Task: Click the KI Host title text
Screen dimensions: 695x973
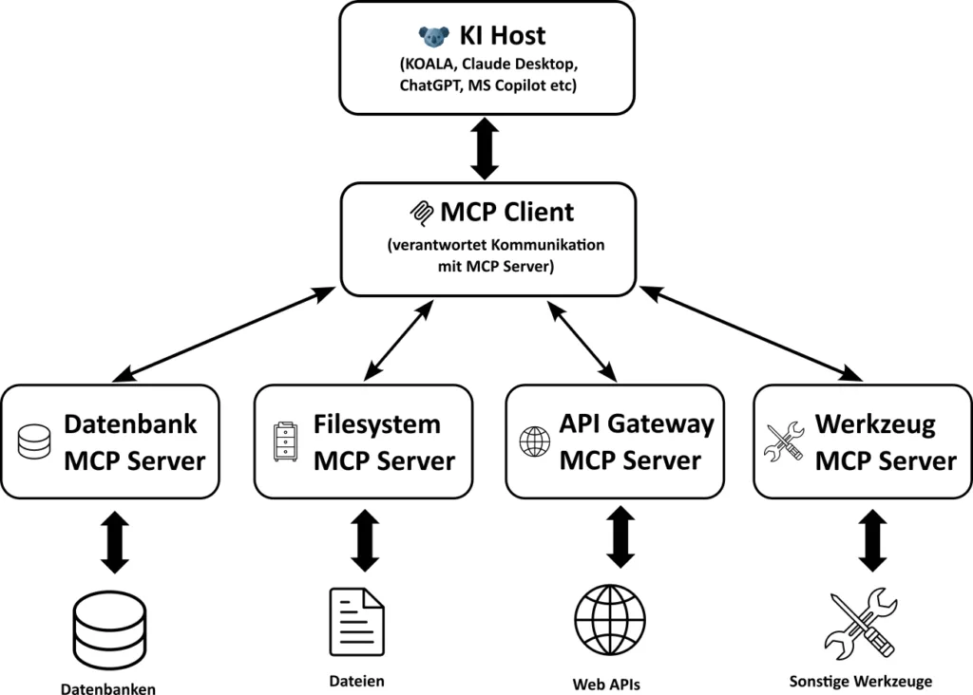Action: pos(503,37)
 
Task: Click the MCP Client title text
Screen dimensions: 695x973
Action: pos(507,211)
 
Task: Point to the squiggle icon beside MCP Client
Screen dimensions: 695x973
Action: pos(419,211)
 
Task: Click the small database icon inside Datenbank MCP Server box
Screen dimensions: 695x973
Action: pos(34,442)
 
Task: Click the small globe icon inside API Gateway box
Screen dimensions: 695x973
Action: pos(534,441)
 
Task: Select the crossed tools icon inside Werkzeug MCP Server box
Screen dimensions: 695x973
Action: pos(785,442)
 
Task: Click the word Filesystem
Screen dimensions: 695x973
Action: pos(377,424)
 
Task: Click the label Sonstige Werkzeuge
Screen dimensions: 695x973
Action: pos(861,681)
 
